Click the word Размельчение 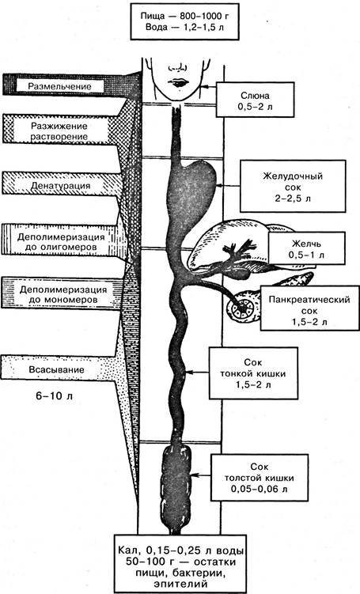(59, 86)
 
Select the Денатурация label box (61, 186)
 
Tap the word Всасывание (57, 369)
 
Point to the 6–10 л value (55, 396)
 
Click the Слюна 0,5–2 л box (255, 100)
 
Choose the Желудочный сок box (293, 186)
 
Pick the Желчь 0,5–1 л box (306, 248)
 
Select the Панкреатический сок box (309, 308)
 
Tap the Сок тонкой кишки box (253, 373)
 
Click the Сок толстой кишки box (260, 478)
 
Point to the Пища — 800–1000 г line (185, 17)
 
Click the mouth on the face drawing (177, 82)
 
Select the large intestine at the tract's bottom (177, 489)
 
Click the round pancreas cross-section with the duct (241, 307)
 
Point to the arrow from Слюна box (207, 86)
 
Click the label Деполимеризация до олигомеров (61, 242)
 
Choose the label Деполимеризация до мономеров (59, 295)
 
